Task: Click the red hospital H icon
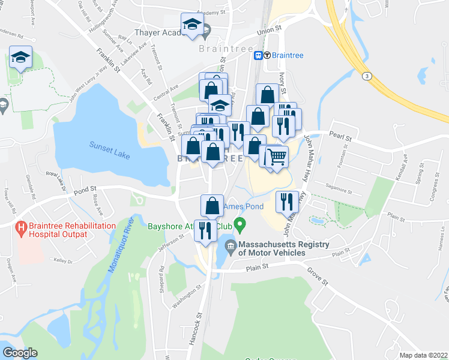pyautogui.click(x=21, y=229)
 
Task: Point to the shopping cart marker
pyautogui.click(x=276, y=157)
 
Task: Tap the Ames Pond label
pyautogui.click(x=243, y=206)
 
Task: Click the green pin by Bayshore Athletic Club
pyautogui.click(x=240, y=226)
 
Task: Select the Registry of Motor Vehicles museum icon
pyautogui.click(x=231, y=245)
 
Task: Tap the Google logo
pyautogui.click(x=20, y=353)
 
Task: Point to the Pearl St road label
pyautogui.click(x=339, y=136)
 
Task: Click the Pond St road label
pyautogui.click(x=85, y=191)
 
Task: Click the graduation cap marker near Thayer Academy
pyautogui.click(x=192, y=25)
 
